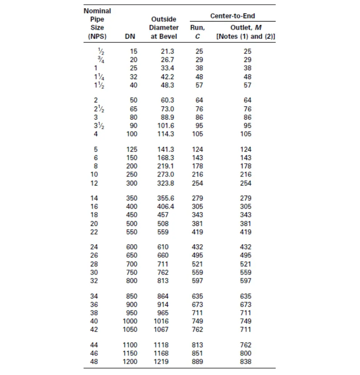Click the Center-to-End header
tap(232, 16)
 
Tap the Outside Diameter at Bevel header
tap(164, 28)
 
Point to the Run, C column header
tap(197, 32)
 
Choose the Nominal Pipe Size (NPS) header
tap(97, 24)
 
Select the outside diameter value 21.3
tap(167, 52)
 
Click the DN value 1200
tap(130, 362)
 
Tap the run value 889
tap(197, 362)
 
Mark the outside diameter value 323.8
tap(166, 183)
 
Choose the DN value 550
tap(131, 232)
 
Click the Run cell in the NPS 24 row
tap(197, 247)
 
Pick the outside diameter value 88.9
tap(167, 117)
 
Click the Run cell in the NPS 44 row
tap(197, 345)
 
